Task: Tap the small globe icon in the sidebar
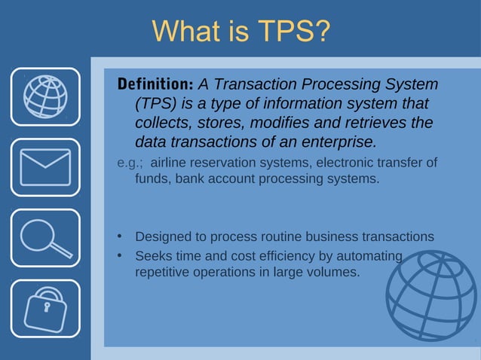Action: (x=45, y=96)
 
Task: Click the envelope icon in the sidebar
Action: (x=45, y=166)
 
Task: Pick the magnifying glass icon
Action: (x=45, y=237)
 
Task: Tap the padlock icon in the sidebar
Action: (x=45, y=307)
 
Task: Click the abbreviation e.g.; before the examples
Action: (x=130, y=163)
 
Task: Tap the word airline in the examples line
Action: (x=171, y=163)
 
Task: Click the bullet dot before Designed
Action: (x=119, y=236)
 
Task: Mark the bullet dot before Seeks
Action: (x=119, y=256)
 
